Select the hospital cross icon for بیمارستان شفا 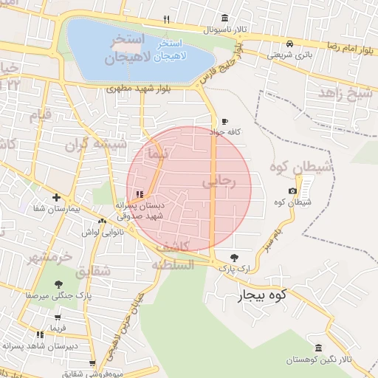click(x=57, y=197)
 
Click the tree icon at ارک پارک click(x=234, y=258)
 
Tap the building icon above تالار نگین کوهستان click(x=318, y=348)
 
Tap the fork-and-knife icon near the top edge click(x=167, y=20)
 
